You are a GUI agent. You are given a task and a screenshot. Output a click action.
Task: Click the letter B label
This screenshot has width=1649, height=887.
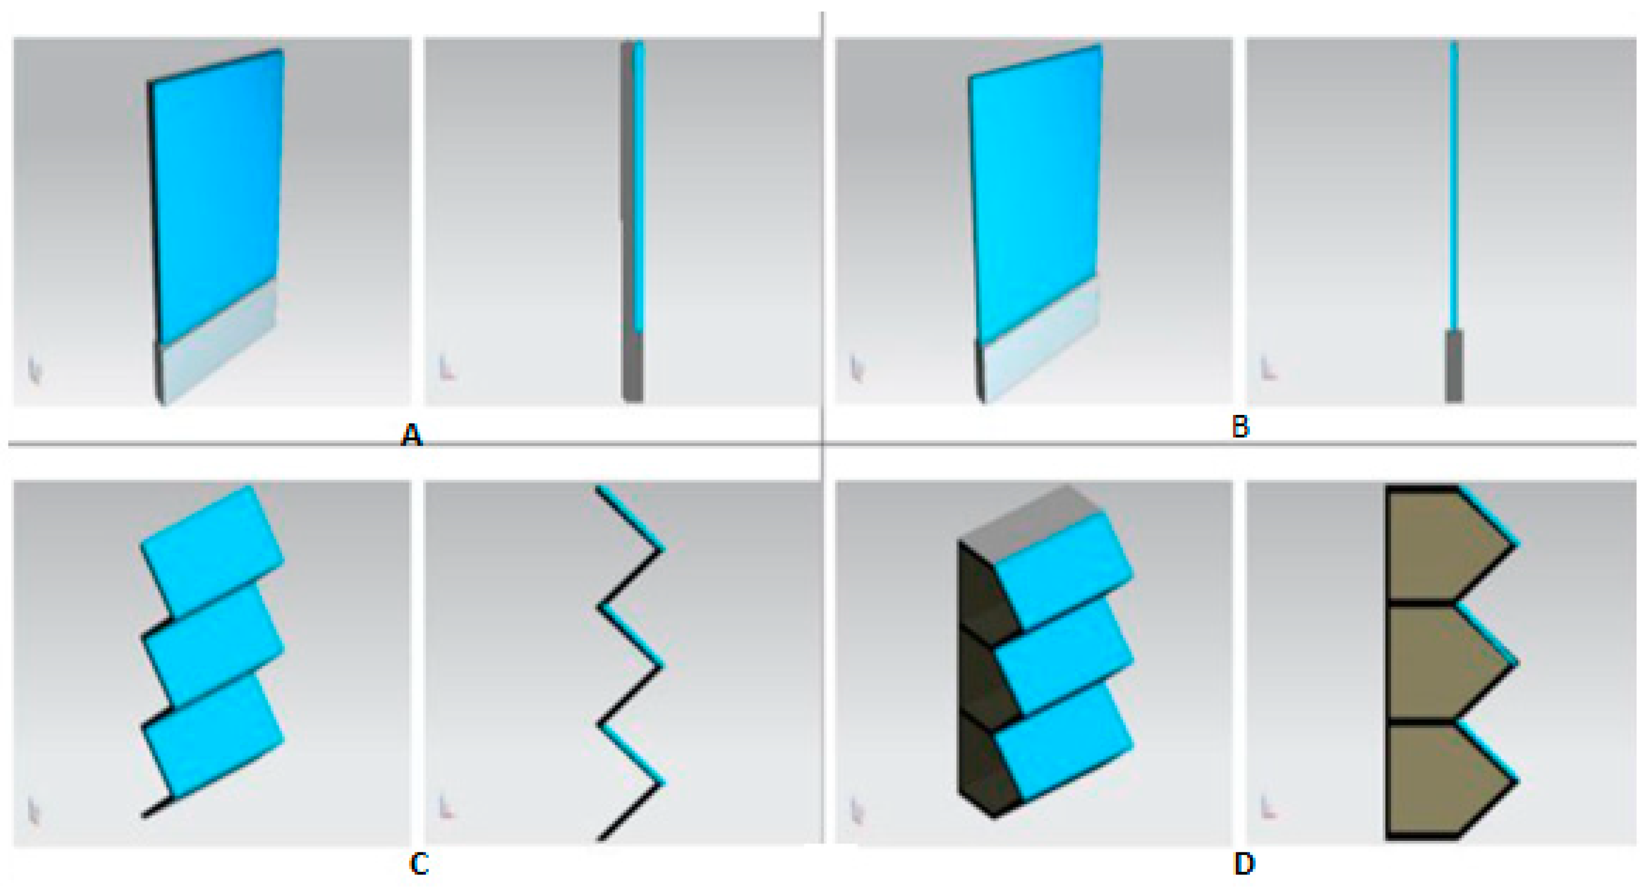point(1241,427)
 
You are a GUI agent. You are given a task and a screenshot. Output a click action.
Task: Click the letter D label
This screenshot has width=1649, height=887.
point(1244,864)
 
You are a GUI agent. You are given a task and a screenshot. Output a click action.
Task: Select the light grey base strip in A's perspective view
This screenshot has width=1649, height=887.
point(218,343)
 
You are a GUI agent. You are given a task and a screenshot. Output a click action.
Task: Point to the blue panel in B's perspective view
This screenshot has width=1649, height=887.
point(1036,192)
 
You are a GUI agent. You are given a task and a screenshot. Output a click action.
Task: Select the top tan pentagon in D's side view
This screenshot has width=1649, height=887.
point(1443,546)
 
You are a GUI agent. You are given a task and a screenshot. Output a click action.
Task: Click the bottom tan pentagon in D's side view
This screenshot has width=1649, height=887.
point(1443,781)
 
